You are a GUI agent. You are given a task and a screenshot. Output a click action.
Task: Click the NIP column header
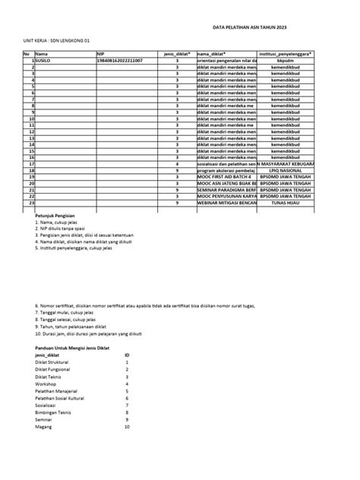tap(100, 54)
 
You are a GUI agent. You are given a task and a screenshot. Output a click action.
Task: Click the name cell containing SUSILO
tap(46, 61)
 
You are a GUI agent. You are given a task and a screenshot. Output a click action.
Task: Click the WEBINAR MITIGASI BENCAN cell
tap(226, 204)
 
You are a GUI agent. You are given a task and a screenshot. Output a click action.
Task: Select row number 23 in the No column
tap(32, 204)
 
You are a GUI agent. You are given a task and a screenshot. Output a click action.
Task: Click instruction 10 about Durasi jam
tap(90, 333)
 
